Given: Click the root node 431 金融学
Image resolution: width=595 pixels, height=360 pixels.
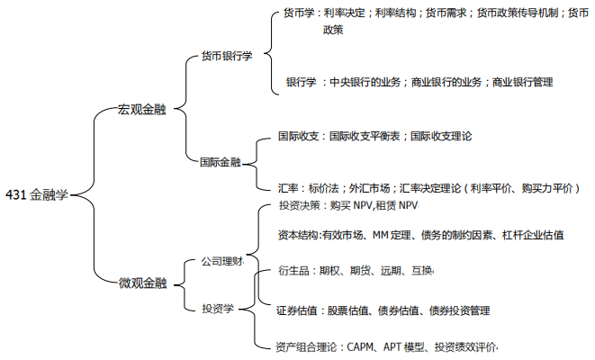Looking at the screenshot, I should [37, 193].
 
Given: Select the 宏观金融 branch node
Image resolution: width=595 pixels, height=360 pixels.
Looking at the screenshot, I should [141, 109].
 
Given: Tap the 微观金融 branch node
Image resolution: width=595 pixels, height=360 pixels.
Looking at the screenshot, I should [143, 283].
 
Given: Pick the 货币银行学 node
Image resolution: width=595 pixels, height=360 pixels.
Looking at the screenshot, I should [226, 56].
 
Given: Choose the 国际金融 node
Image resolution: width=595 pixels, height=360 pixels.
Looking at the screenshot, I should [221, 162].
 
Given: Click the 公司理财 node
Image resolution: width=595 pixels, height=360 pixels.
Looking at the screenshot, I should [221, 262].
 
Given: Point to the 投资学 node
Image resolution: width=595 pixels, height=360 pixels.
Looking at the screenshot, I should [217, 308].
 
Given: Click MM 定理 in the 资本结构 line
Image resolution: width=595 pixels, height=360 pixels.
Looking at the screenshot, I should [390, 235].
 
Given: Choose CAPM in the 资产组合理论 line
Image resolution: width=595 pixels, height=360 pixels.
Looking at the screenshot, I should [360, 346].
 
